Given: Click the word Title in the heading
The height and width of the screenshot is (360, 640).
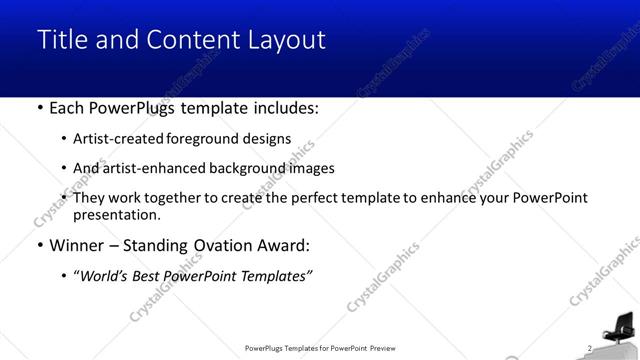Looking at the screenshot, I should pos(60,40).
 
